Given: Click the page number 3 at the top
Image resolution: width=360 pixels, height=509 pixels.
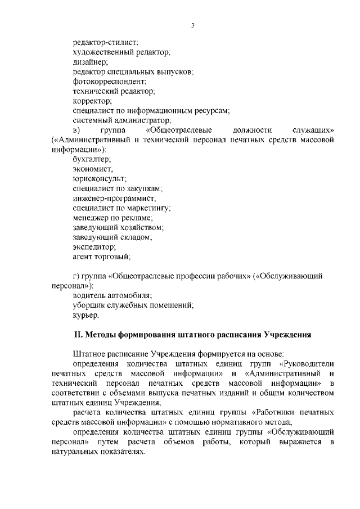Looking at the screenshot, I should [192, 25].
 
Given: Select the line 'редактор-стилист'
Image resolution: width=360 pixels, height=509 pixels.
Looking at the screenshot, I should [105, 42].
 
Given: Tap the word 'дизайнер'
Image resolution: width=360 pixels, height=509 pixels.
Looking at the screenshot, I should [91, 62].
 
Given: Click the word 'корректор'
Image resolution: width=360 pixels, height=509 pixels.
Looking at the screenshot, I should [92, 101].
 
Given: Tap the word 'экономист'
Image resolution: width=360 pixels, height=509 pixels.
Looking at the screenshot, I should [93, 169].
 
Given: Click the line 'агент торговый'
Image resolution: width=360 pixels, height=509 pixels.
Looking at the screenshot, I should [101, 256].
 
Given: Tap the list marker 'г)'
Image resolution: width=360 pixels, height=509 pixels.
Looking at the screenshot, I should [76, 276].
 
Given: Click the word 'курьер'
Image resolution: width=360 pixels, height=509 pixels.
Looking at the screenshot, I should [86, 315].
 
